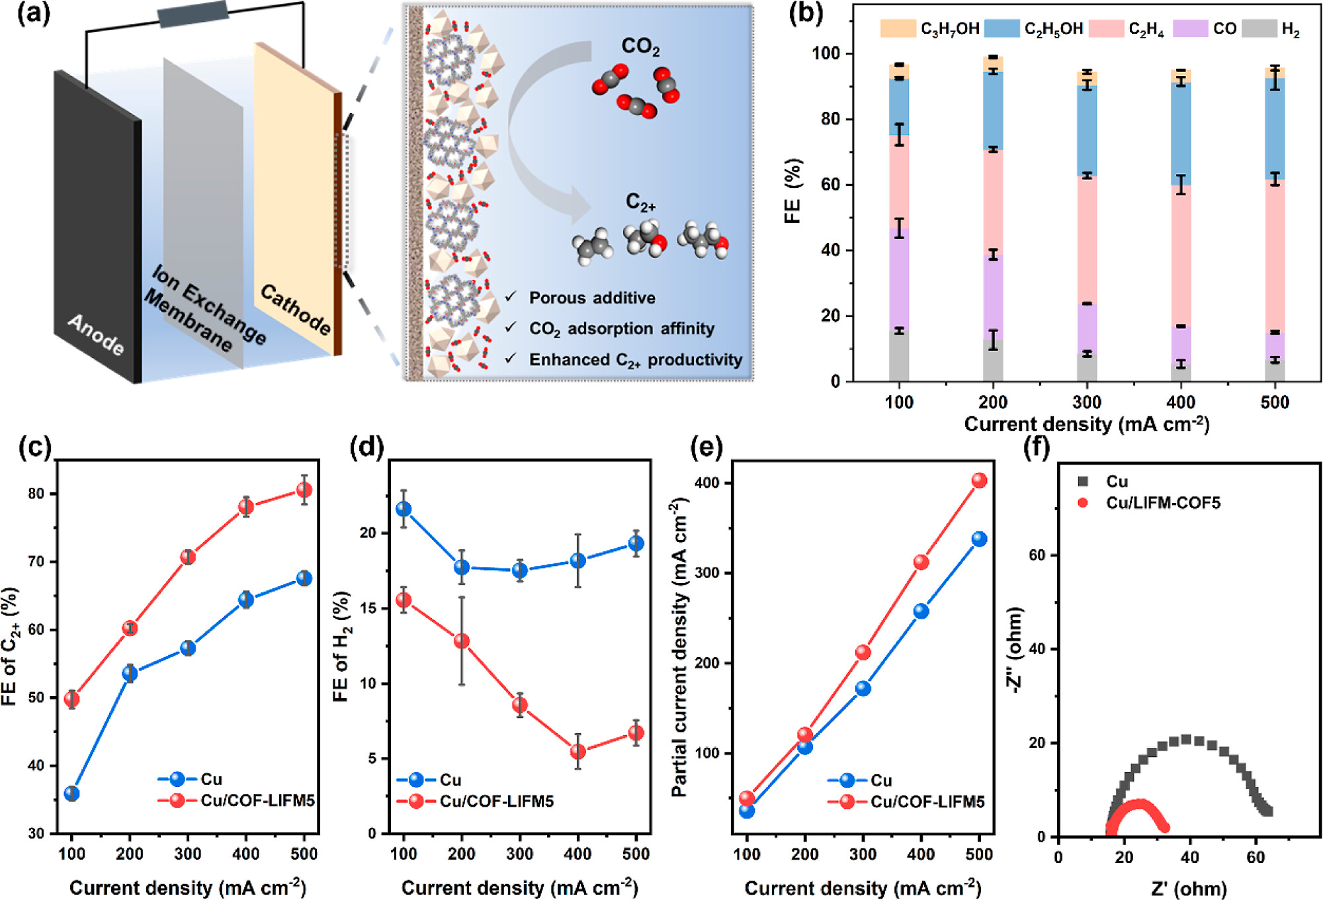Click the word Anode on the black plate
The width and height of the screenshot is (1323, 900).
(96, 334)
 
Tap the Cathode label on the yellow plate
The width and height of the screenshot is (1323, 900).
(295, 309)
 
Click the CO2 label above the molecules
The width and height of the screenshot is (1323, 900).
(640, 46)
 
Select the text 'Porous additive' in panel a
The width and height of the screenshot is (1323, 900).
(591, 298)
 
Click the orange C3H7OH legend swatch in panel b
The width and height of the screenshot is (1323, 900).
(897, 28)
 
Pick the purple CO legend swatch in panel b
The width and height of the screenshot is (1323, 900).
(1190, 28)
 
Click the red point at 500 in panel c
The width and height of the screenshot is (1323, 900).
(304, 490)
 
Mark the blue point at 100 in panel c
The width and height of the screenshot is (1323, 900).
(71, 793)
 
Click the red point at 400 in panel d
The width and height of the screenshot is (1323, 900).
(578, 752)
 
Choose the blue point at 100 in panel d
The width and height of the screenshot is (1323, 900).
(404, 509)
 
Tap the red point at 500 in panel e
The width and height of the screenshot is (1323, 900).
(979, 480)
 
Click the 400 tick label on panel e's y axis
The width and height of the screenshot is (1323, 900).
(707, 483)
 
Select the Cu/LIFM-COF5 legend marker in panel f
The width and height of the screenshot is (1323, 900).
(1083, 503)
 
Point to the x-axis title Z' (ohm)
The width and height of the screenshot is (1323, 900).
(1188, 888)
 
